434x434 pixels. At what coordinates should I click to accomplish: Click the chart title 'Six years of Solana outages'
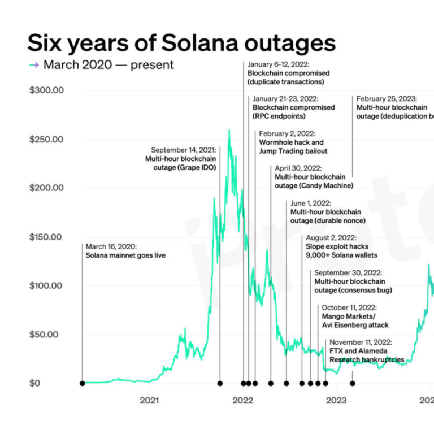click(181, 44)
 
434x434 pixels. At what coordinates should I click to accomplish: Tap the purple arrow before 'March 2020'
click(34, 65)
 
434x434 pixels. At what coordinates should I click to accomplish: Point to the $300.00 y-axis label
click(46, 90)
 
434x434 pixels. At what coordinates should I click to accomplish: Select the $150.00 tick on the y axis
click(46, 237)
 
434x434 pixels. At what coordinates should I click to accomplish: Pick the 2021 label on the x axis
click(149, 401)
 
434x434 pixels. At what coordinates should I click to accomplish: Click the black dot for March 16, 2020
click(83, 383)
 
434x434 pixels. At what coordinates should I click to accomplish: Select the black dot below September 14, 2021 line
click(220, 383)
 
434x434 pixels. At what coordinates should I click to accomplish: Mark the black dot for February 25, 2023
click(353, 383)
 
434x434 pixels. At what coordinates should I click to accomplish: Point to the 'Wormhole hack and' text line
click(292, 142)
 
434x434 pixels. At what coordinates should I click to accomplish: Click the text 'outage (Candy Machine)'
click(314, 185)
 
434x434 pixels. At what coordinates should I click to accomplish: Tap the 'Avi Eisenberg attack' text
click(355, 325)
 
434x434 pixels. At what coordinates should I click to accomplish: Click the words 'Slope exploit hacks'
click(337, 247)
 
